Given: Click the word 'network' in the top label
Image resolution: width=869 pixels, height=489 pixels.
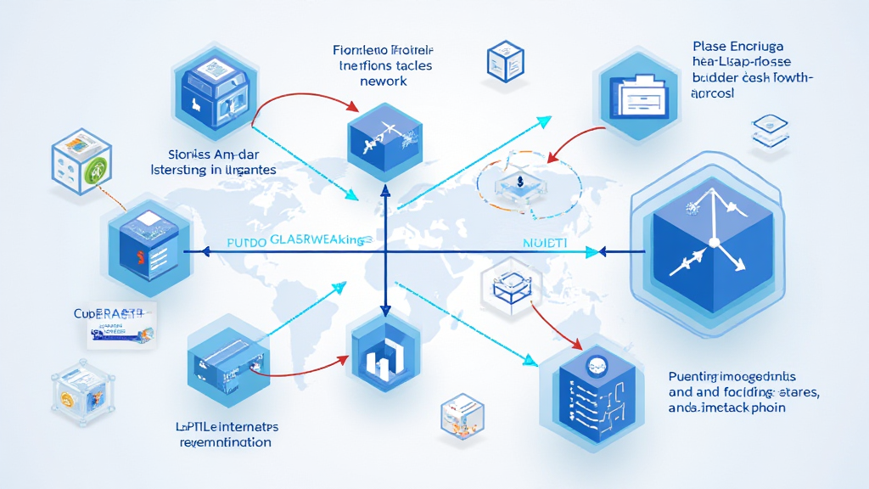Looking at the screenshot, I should [x=384, y=81].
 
